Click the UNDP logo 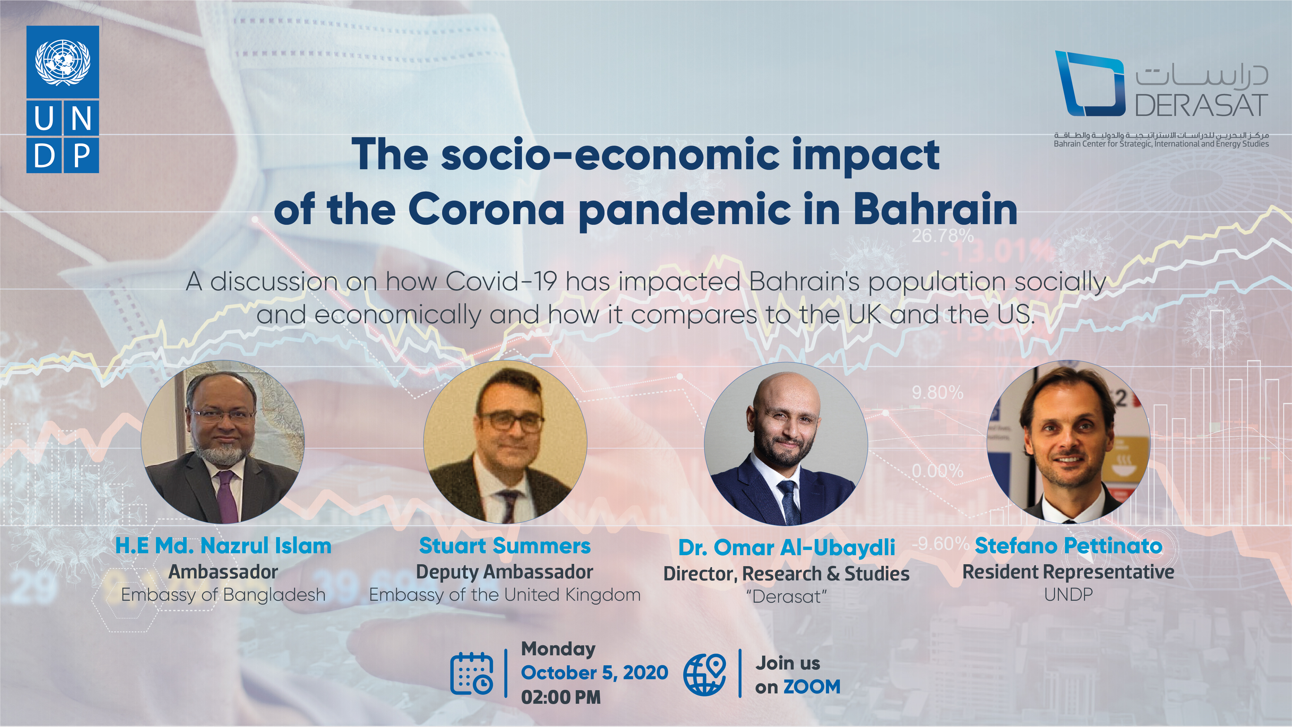pos(63,99)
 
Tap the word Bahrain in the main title pos(935,209)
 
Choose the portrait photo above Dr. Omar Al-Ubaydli pos(786,443)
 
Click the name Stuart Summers pos(505,546)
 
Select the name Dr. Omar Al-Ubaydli pos(786,547)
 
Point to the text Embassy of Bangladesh pos(223,595)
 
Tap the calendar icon pos(471,673)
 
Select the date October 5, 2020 pos(594,672)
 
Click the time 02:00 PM pos(561,697)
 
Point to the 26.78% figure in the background pos(942,235)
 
